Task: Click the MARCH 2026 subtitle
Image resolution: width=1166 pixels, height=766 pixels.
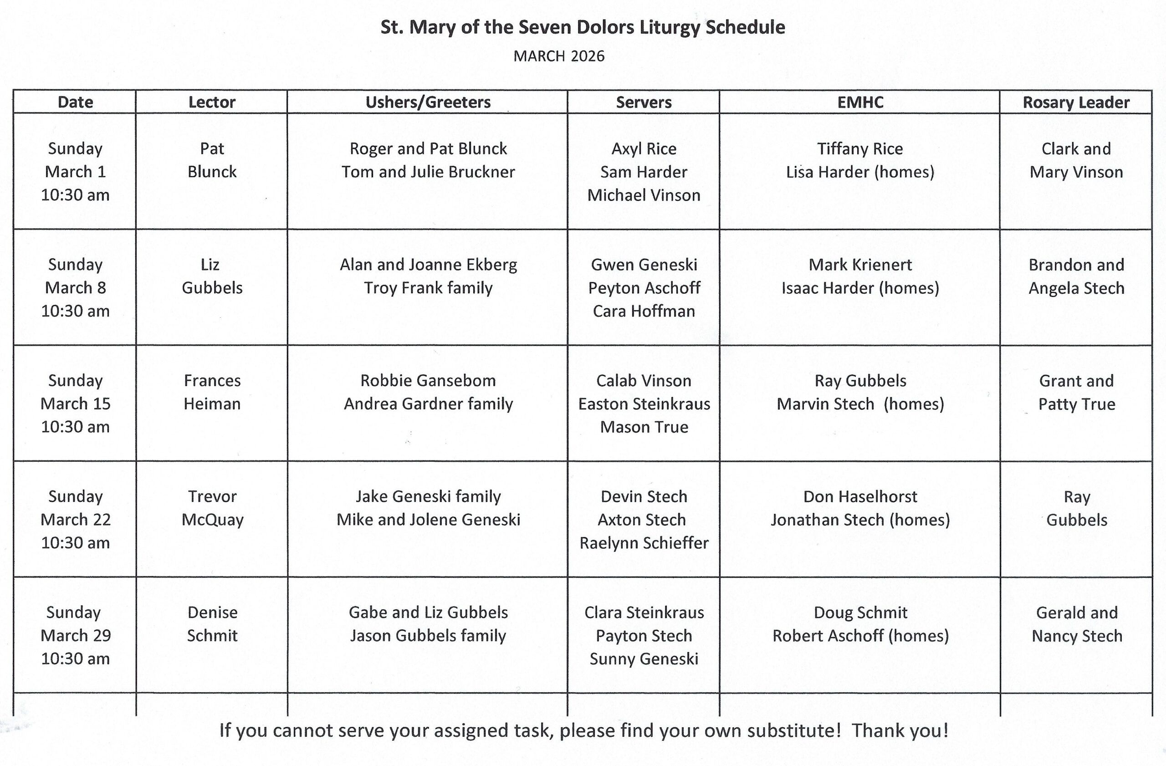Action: click(x=558, y=56)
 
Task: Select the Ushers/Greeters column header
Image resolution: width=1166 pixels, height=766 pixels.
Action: click(x=428, y=102)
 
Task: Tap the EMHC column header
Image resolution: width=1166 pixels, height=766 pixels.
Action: click(x=860, y=102)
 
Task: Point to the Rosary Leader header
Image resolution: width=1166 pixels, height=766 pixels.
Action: click(x=1076, y=102)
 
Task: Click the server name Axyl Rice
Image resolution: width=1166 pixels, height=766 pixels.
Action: click(x=644, y=148)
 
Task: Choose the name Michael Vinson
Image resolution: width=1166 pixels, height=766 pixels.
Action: click(x=644, y=195)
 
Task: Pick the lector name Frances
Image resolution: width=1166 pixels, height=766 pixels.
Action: click(x=212, y=381)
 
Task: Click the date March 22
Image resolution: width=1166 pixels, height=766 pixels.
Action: click(x=76, y=519)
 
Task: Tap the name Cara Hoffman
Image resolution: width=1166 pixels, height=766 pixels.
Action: click(x=644, y=311)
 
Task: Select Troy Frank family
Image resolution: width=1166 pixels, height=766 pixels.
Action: click(x=428, y=287)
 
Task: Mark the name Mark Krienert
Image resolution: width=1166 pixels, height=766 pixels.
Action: click(x=860, y=265)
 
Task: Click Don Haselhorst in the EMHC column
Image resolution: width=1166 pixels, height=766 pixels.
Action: click(x=860, y=497)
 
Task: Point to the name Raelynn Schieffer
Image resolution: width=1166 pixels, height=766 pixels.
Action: click(x=644, y=543)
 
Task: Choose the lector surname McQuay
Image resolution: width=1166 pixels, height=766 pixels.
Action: click(x=212, y=520)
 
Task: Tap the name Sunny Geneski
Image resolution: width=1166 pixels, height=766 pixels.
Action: click(x=644, y=659)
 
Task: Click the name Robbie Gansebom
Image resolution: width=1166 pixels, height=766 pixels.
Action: click(x=428, y=381)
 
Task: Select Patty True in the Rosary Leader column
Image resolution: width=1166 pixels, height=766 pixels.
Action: click(x=1076, y=404)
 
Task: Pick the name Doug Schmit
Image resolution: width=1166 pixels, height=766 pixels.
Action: click(x=860, y=612)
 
